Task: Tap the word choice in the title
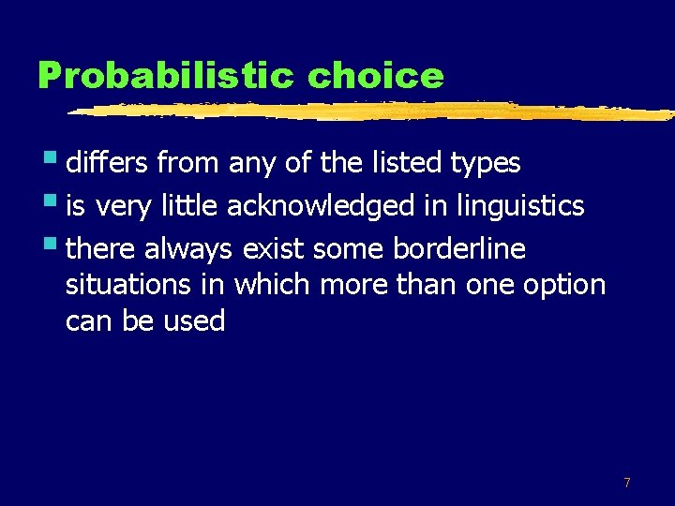pos(375,76)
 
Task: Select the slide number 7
pos(627,483)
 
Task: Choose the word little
pos(189,206)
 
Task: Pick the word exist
pos(271,249)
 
